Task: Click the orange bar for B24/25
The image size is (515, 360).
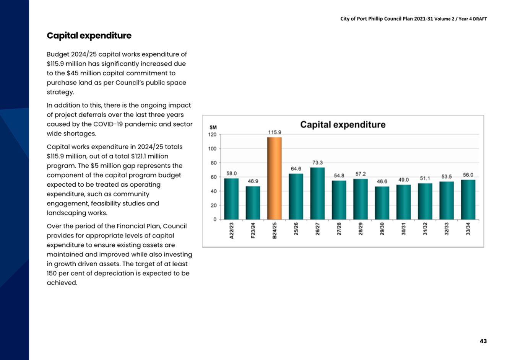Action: [274, 178]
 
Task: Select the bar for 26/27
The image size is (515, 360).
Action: [317, 194]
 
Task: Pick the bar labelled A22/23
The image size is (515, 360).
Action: [231, 199]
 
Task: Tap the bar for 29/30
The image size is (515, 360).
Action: [382, 203]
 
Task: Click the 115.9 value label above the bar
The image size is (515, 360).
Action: [275, 132]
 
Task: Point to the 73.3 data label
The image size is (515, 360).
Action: [317, 163]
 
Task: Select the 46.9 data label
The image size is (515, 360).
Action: [253, 181]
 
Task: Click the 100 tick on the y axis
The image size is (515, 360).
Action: [213, 149]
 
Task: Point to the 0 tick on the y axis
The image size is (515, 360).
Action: [215, 220]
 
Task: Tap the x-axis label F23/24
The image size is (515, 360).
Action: [253, 230]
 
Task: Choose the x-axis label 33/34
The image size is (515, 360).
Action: [468, 229]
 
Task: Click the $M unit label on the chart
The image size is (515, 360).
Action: [213, 127]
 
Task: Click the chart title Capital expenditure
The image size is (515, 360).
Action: [343, 125]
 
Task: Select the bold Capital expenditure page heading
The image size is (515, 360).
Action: [89, 36]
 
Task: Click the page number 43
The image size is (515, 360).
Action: [483, 341]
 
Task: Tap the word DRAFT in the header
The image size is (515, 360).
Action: [480, 19]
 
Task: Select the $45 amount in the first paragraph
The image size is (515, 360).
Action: [72, 73]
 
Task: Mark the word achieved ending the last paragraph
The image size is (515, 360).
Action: [62, 283]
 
